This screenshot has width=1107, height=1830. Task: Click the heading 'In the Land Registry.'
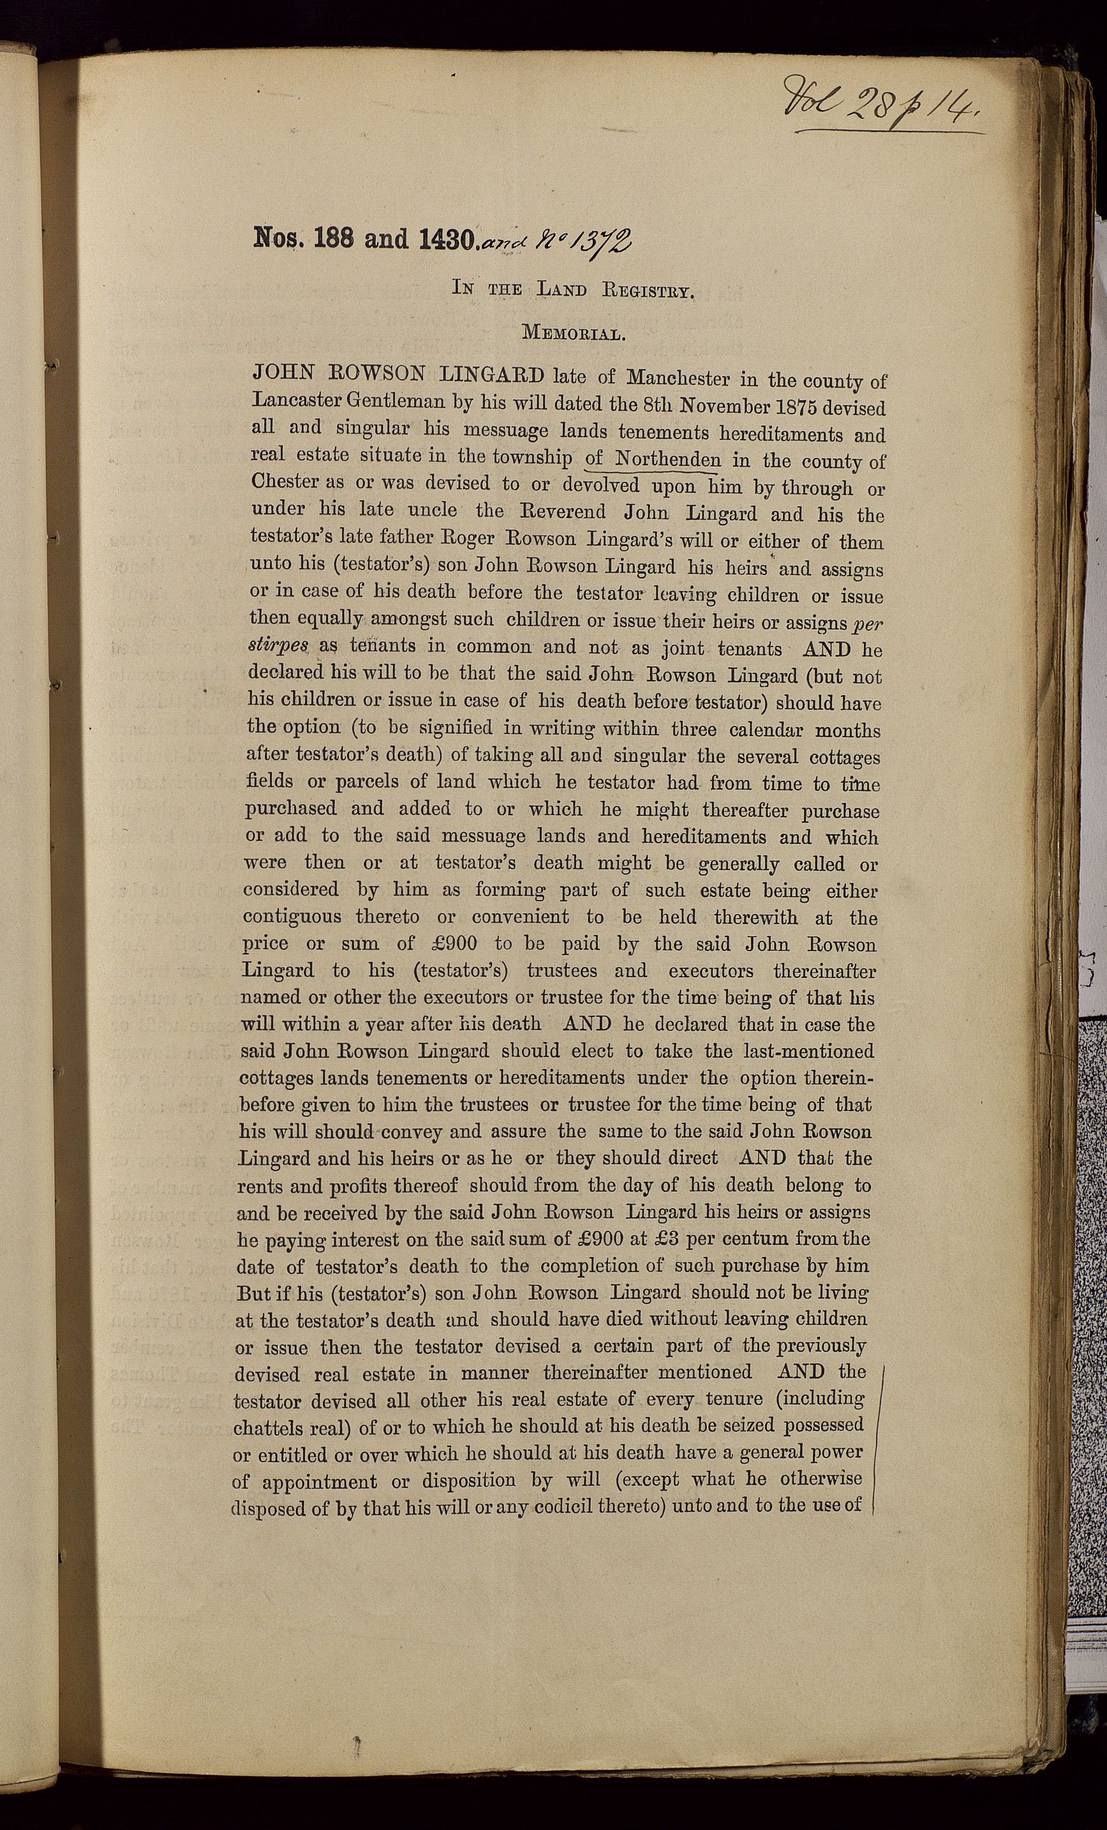573,290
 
